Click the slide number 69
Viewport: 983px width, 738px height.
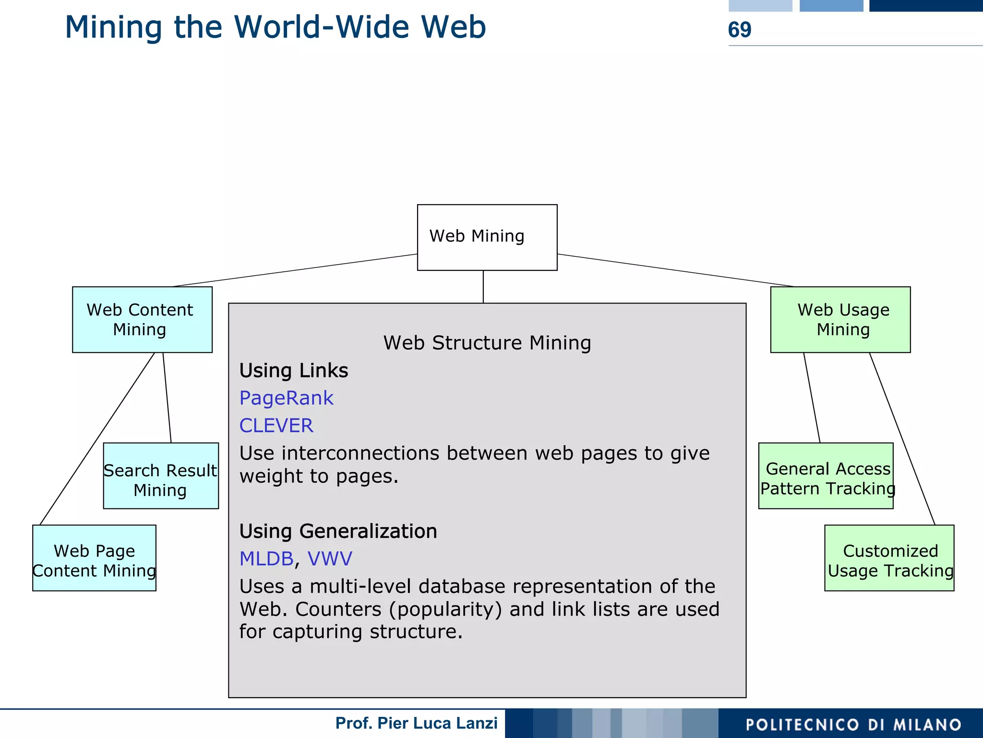(739, 30)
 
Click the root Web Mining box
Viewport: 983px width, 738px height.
(487, 237)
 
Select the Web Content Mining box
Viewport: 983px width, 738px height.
(142, 319)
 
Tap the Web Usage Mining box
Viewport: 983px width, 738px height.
(840, 319)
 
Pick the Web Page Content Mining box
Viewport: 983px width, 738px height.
(94, 557)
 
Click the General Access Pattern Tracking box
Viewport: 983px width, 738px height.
(826, 475)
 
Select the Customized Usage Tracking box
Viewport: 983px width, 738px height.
(889, 557)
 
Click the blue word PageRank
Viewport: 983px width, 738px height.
(286, 398)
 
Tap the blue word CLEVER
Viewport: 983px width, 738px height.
(276, 425)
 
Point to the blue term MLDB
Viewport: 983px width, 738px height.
(266, 558)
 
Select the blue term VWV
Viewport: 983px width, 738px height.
(330, 558)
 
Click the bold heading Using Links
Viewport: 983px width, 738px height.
(294, 371)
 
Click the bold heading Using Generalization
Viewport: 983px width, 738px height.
(338, 531)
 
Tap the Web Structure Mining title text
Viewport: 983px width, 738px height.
(487, 343)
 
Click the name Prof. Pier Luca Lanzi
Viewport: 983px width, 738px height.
(416, 723)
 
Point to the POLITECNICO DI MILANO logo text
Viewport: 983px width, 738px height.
(853, 724)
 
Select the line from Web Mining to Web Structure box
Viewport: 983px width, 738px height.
(483, 287)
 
